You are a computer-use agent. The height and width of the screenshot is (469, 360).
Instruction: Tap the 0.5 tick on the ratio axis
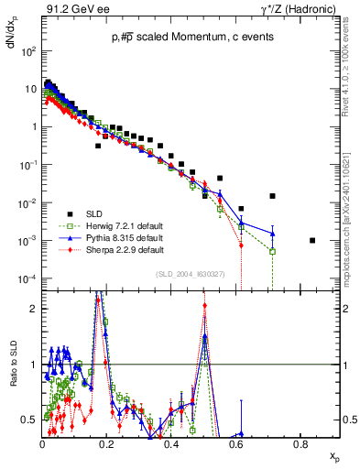pos(30,420)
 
